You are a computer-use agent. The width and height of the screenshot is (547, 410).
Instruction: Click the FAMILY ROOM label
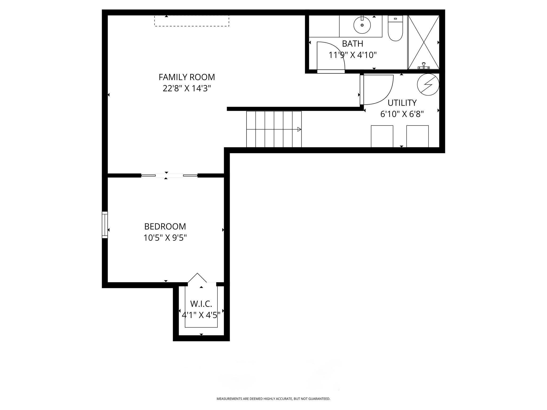click(x=187, y=77)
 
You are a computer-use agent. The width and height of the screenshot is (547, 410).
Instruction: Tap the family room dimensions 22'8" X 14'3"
click(x=187, y=88)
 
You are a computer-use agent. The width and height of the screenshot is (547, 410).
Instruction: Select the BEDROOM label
click(x=165, y=226)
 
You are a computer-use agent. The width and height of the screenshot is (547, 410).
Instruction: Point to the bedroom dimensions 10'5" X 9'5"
click(x=165, y=238)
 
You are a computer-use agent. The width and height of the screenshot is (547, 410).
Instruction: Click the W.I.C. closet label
click(x=201, y=304)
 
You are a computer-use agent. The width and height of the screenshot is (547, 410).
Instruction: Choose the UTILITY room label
click(x=402, y=103)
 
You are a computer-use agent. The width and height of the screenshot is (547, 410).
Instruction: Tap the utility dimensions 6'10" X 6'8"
click(x=402, y=114)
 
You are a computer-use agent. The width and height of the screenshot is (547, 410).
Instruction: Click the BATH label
click(x=353, y=44)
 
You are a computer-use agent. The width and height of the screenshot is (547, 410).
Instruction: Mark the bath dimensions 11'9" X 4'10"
click(x=353, y=55)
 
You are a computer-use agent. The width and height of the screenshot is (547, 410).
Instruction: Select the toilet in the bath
click(x=395, y=28)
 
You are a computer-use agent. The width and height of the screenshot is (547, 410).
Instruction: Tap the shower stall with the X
click(x=424, y=42)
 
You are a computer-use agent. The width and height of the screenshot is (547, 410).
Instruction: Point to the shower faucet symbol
click(x=424, y=66)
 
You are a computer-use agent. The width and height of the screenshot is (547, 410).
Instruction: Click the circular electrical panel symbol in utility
click(x=428, y=85)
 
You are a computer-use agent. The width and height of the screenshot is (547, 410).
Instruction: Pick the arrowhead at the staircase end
click(x=299, y=129)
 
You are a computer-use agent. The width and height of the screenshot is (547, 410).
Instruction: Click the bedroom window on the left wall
click(x=105, y=225)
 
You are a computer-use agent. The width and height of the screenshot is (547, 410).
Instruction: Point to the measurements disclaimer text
click(x=273, y=399)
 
